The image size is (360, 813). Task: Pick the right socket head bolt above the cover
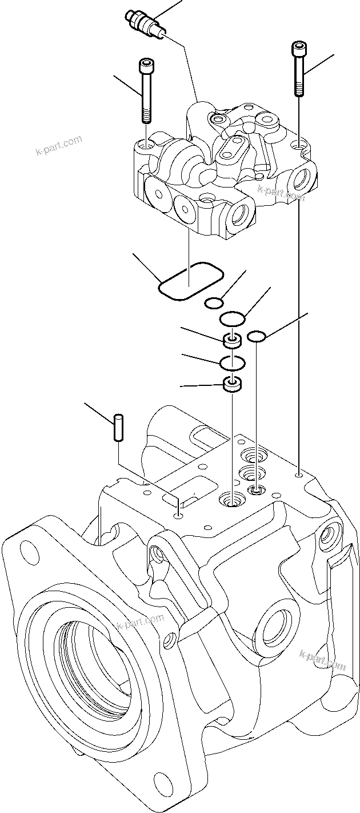click(x=299, y=68)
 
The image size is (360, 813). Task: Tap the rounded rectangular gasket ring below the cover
click(x=190, y=281)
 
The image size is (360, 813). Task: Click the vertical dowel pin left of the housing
click(x=118, y=427)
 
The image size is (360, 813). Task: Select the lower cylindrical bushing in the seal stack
click(x=232, y=385)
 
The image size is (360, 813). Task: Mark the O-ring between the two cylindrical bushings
click(x=232, y=362)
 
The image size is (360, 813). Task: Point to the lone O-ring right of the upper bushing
click(x=257, y=337)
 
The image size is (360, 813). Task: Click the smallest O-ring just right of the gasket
click(x=214, y=302)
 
